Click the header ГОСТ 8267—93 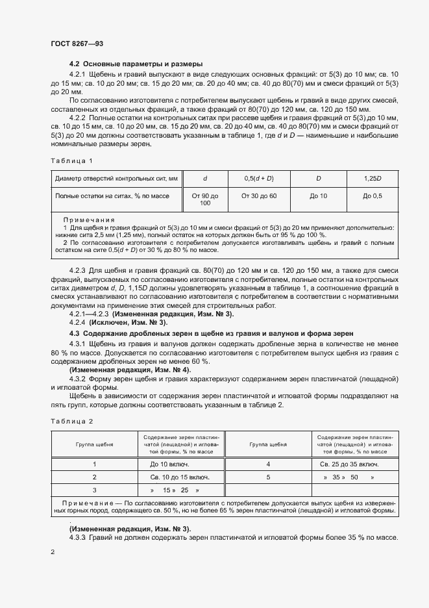(77, 44)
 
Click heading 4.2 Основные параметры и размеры (136, 64)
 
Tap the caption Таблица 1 (72, 160)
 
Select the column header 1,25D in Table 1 (373, 178)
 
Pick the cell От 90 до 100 (205, 199)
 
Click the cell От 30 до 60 (259, 196)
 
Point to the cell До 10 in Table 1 (319, 196)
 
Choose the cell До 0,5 (373, 196)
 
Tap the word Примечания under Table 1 (88, 220)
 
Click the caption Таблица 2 (72, 421)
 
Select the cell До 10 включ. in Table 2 (169, 464)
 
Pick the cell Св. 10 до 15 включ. (169, 477)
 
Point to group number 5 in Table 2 (268, 477)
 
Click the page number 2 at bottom (53, 551)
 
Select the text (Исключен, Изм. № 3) (117, 322)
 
